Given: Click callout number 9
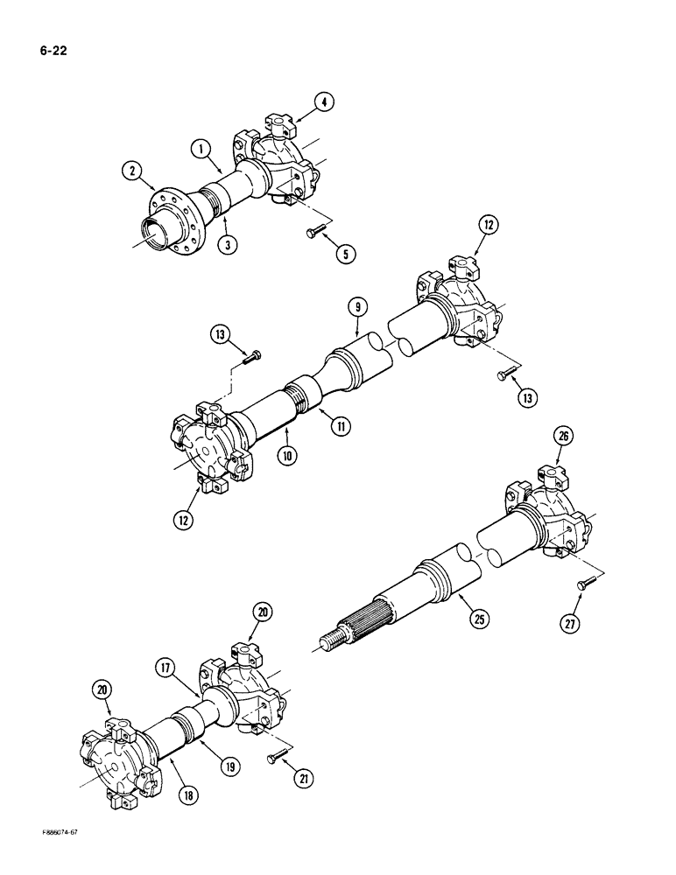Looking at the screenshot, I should pos(358,307).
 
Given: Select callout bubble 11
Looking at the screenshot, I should pos(337,426).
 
